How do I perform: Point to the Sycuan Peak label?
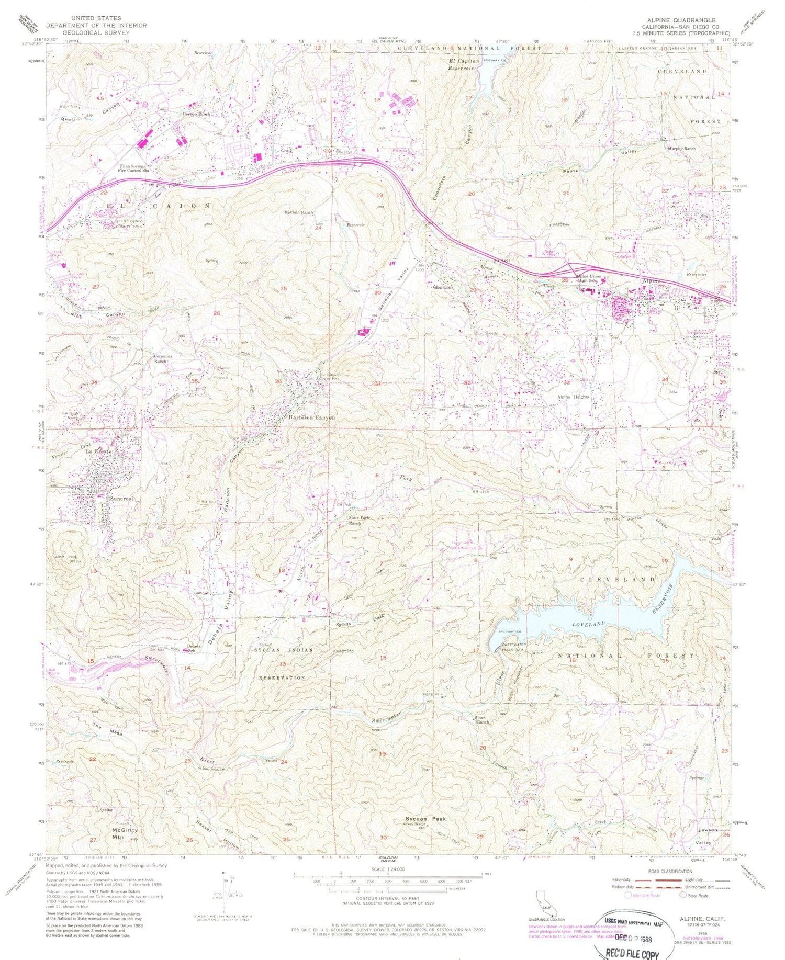[x=425, y=819]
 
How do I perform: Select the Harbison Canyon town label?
[x=311, y=418]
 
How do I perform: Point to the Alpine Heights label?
[x=573, y=397]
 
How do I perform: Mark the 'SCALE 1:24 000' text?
[x=388, y=869]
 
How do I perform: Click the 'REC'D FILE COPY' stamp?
[x=631, y=954]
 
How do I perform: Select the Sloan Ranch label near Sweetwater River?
[x=482, y=719]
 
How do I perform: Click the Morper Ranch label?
[x=681, y=149]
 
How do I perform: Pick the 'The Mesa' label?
[x=108, y=730]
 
